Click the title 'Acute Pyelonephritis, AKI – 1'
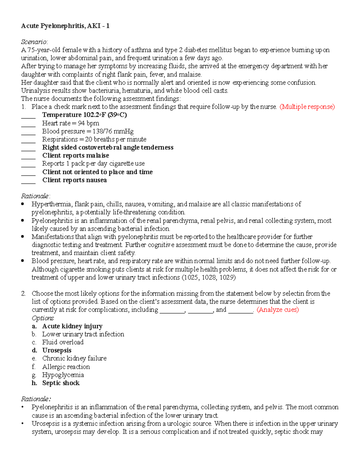(x=65, y=26)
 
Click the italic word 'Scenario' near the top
(x=34, y=42)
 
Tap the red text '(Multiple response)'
(x=307, y=107)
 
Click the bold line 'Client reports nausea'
(x=74, y=180)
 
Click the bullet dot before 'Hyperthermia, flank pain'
(x=22, y=204)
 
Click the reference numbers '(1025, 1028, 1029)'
(x=209, y=278)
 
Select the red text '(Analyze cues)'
(x=278, y=310)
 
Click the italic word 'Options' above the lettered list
(x=43, y=318)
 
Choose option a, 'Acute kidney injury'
(x=72, y=326)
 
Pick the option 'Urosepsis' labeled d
(x=57, y=350)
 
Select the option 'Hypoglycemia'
(x=63, y=375)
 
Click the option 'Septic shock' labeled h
(x=61, y=383)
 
